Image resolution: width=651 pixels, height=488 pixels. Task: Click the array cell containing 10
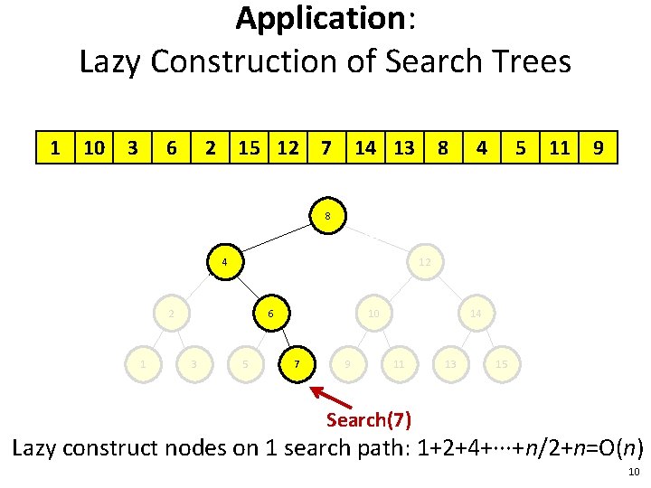(x=92, y=147)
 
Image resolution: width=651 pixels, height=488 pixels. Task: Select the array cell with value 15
(x=248, y=147)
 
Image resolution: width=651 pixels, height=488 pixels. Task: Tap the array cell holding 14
(x=365, y=147)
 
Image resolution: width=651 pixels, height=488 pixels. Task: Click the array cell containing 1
(x=56, y=147)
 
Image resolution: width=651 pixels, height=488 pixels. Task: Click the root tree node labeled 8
(x=326, y=216)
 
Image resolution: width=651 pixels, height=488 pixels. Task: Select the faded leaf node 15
(x=501, y=364)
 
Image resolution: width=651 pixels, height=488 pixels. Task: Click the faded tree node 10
(x=373, y=313)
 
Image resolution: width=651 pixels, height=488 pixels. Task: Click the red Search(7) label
(x=369, y=419)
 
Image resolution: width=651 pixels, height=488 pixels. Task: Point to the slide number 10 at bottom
(x=632, y=473)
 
